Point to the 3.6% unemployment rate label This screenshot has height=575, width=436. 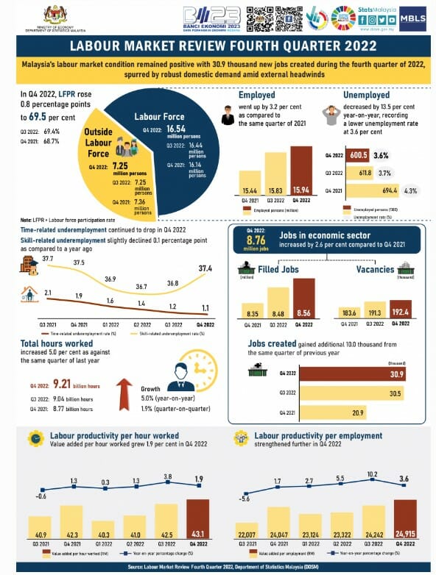[x=381, y=156]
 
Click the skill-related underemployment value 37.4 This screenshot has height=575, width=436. [x=205, y=269]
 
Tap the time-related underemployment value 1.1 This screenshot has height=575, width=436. [x=204, y=308]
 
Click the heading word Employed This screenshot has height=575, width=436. [x=257, y=95]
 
